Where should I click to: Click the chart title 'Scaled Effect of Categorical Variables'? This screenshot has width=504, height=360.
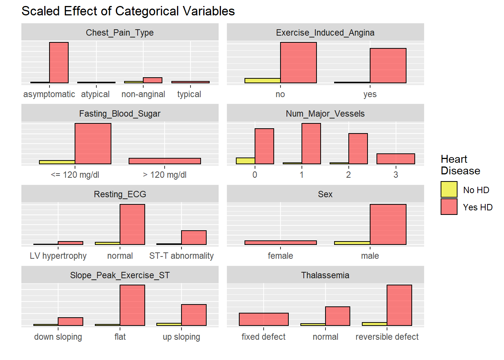pyautogui.click(x=128, y=11)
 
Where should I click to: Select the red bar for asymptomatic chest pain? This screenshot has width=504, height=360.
pyautogui.click(x=59, y=63)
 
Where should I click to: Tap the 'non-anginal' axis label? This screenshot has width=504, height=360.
pyautogui.click(x=143, y=94)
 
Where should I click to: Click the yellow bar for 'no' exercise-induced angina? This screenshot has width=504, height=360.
pyautogui.click(x=262, y=80)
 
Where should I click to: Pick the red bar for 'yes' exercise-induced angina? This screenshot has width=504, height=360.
pyautogui.click(x=388, y=66)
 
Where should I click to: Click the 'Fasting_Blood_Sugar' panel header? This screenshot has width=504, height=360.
pyautogui.click(x=120, y=114)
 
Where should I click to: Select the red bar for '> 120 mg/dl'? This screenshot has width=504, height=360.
pyautogui.click(x=165, y=161)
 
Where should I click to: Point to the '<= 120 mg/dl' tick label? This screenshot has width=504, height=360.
pyautogui.click(x=75, y=175)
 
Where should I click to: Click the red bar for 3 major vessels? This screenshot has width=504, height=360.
pyautogui.click(x=396, y=159)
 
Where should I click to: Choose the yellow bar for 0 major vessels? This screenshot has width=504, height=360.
pyautogui.click(x=246, y=161)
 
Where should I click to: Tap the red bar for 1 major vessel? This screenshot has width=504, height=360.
pyautogui.click(x=311, y=144)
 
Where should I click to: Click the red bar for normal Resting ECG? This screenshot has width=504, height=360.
pyautogui.click(x=132, y=224)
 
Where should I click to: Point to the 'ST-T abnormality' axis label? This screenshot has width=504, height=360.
pyautogui.click(x=181, y=256)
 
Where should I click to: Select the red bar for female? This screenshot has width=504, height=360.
pyautogui.click(x=280, y=243)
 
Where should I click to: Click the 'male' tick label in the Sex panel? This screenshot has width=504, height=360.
pyautogui.click(x=370, y=256)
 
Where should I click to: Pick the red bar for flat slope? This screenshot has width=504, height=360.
pyautogui.click(x=132, y=305)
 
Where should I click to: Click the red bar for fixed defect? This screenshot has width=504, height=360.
pyautogui.click(x=264, y=319)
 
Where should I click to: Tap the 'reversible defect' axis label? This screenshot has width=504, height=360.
pyautogui.click(x=387, y=337)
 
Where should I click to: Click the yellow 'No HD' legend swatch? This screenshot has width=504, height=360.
pyautogui.click(x=449, y=189)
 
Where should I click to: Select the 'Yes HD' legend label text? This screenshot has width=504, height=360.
pyautogui.click(x=477, y=207)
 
